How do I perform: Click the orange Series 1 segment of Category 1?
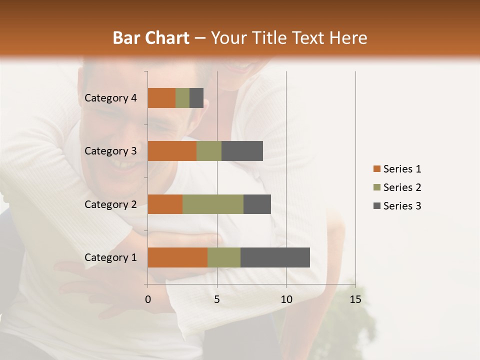(x=177, y=257)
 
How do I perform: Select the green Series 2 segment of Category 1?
(x=224, y=257)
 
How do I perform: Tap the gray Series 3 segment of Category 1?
(x=275, y=257)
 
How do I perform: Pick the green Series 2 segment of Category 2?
(x=213, y=204)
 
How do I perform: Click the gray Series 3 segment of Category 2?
(x=257, y=204)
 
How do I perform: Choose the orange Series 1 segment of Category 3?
(x=172, y=151)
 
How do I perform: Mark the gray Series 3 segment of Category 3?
(x=242, y=151)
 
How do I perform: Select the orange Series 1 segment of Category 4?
(x=161, y=98)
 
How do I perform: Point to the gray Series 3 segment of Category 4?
(x=196, y=98)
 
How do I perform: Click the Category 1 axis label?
(x=110, y=257)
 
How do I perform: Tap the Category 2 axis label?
(x=110, y=204)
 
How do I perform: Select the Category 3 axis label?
(x=110, y=151)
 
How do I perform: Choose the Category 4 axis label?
(x=110, y=98)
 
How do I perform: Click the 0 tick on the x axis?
(x=148, y=299)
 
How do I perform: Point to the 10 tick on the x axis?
(x=286, y=299)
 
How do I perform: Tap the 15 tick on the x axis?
(x=355, y=299)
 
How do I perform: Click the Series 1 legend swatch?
(x=376, y=169)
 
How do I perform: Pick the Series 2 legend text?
(x=402, y=187)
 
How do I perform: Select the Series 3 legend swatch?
(x=376, y=206)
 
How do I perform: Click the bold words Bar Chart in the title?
(x=151, y=37)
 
